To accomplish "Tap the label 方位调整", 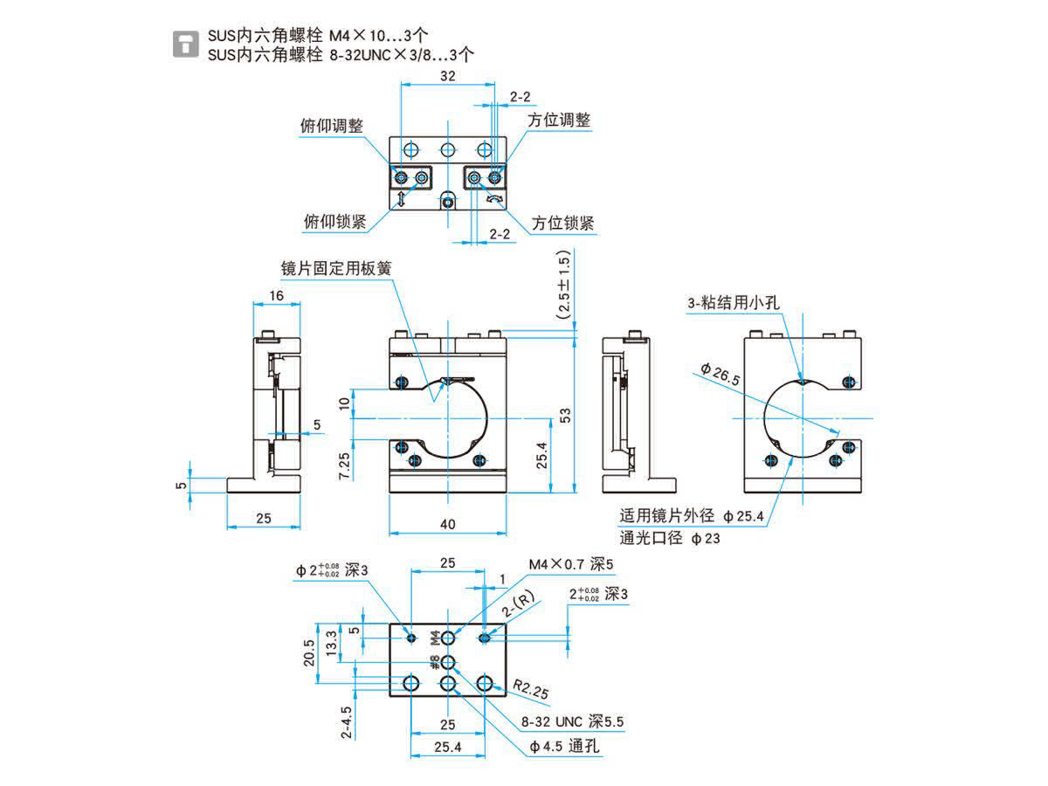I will [x=559, y=120].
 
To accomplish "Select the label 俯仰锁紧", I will [x=334, y=222].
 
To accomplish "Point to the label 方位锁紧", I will [x=563, y=224].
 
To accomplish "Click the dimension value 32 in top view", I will [x=447, y=76].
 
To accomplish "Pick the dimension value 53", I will [x=565, y=414].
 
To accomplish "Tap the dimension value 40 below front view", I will [x=447, y=524].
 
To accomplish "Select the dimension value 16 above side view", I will [x=276, y=296].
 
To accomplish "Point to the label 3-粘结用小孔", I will [x=733, y=303].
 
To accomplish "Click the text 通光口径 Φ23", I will [x=670, y=538].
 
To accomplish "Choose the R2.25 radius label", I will [x=530, y=691].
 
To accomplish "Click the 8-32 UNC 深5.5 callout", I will [x=572, y=722].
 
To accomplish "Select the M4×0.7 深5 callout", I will [x=571, y=564].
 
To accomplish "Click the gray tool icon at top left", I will [x=185, y=45].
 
